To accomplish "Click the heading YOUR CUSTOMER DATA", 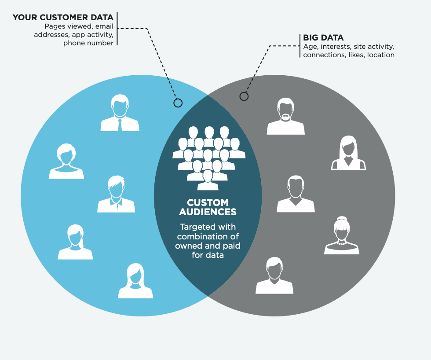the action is tap(63, 17).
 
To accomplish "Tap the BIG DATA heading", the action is tap(323, 38).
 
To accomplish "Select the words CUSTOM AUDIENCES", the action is tap(208, 207).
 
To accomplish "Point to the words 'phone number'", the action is tap(88, 43).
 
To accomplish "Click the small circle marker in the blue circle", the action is tap(178, 103).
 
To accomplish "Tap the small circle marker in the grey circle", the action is tap(244, 96).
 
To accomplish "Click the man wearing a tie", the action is tap(120, 113).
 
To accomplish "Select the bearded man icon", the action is tap(285, 116).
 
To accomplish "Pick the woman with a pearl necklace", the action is tap(342, 235).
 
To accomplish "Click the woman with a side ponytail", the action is tap(75, 242).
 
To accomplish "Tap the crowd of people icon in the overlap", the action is tap(208, 158).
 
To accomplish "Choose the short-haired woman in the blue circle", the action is tap(66, 161).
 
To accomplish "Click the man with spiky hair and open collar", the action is tap(116, 194).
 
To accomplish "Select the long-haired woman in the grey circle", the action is tap(348, 153).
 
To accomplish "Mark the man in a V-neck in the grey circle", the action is tap(296, 194).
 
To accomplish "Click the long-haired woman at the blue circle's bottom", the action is tap(135, 281).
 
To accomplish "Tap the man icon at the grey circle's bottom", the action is tap(274, 276).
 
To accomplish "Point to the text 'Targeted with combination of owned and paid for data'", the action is tap(208, 241).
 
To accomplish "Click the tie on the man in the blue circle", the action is tap(120, 125).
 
